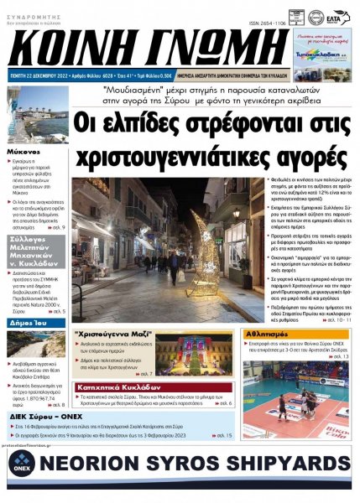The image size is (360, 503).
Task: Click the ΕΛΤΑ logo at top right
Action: point(337,16)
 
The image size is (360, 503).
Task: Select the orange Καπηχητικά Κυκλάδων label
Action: point(112,388)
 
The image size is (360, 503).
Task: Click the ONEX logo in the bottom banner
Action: point(18,466)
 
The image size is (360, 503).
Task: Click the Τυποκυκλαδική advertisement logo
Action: point(323,51)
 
